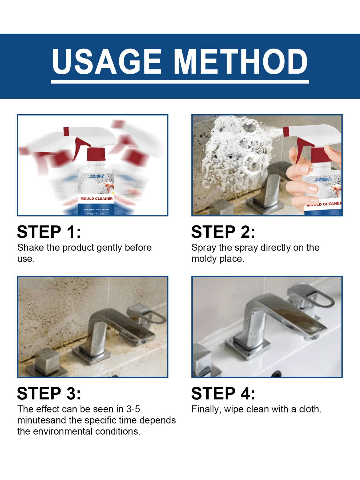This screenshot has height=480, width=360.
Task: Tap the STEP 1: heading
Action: [x=49, y=232]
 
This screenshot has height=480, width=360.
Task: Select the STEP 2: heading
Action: [x=223, y=232]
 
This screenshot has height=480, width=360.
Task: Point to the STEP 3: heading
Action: [x=49, y=393]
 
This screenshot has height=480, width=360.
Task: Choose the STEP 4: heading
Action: [x=223, y=393]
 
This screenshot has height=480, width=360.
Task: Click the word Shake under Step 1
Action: [x=30, y=247]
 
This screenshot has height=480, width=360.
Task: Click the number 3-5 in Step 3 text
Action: [x=133, y=409]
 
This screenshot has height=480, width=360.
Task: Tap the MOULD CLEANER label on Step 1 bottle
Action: [x=96, y=198]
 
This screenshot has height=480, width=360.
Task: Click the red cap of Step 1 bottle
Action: [x=96, y=154]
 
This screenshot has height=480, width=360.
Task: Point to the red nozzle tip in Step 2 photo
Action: [x=286, y=132]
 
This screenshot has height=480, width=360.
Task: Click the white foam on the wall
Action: [x=236, y=153]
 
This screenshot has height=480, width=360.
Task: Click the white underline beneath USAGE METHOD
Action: [x=180, y=81]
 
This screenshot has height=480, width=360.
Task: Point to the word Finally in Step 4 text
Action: [x=206, y=409]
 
